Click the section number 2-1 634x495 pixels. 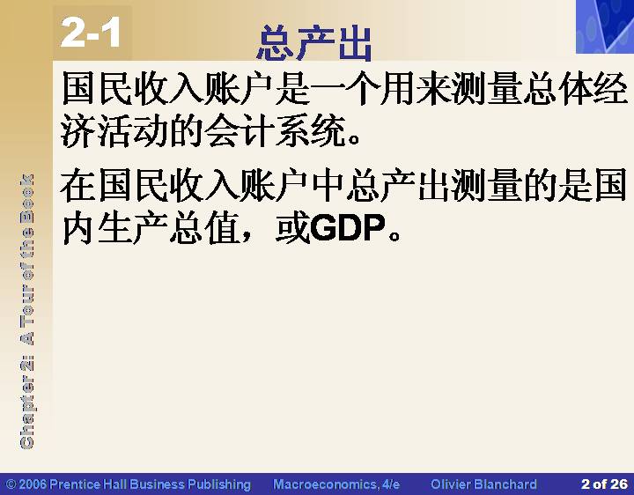(91, 33)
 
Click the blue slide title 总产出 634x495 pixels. (314, 43)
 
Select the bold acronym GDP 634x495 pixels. (348, 228)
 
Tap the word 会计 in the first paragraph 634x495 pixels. (239, 130)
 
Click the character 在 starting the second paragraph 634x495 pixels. (78, 186)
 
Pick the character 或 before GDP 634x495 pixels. (292, 228)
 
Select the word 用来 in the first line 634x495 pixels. (416, 87)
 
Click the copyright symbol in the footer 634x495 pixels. (11, 484)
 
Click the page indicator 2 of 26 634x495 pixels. (604, 484)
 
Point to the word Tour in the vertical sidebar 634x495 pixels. (27, 299)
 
